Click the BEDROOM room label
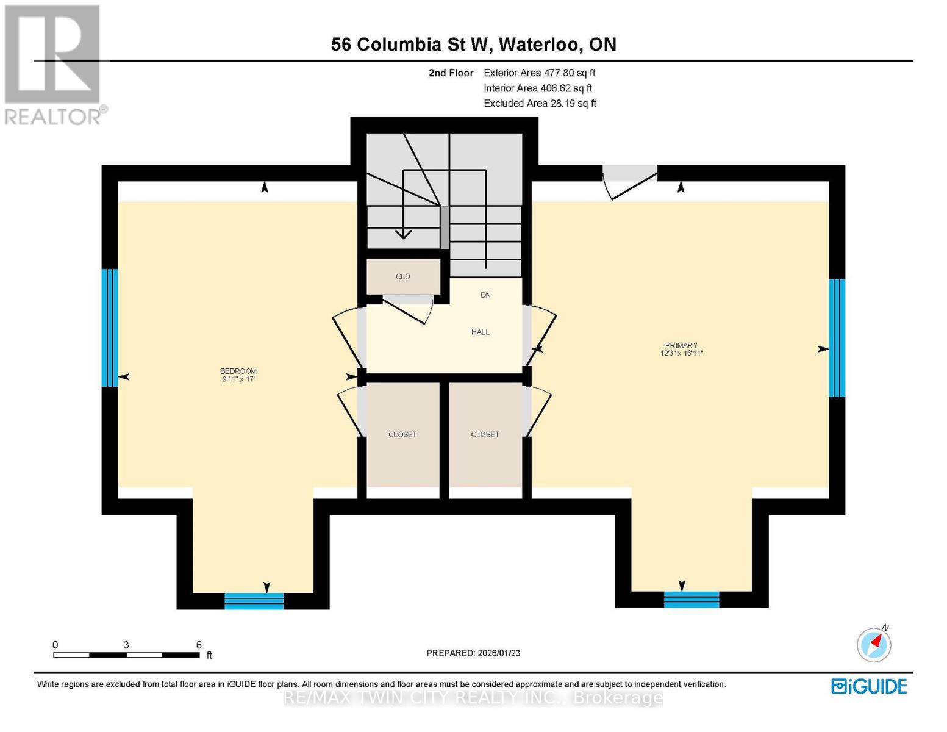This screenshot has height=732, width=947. tap(238, 371)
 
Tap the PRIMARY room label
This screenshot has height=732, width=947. tap(681, 345)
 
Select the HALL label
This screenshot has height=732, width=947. tap(480, 332)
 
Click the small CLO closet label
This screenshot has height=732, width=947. tap(402, 276)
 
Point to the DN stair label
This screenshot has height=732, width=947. tap(485, 295)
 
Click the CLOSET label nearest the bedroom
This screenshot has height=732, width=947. tap(402, 434)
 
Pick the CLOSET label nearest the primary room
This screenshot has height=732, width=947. tap(485, 434)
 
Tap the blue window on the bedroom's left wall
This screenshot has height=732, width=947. tap(109, 328)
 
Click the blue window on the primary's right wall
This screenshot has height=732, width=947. tap(837, 338)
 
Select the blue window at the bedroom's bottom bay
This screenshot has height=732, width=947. tap(254, 601)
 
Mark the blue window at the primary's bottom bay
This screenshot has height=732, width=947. tap(691, 600)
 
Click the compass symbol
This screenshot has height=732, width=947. tap(874, 644)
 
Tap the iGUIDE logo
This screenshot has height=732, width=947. tap(869, 686)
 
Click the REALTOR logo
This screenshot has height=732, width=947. tap(54, 65)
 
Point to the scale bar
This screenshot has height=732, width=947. tap(126, 655)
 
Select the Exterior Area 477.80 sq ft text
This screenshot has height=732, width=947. tap(539, 73)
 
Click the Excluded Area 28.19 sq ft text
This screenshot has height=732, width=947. tap(540, 103)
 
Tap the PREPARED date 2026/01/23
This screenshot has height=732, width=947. tap(473, 653)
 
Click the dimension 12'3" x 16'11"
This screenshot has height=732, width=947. tap(681, 353)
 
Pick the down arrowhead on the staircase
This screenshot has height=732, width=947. tap(403, 234)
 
